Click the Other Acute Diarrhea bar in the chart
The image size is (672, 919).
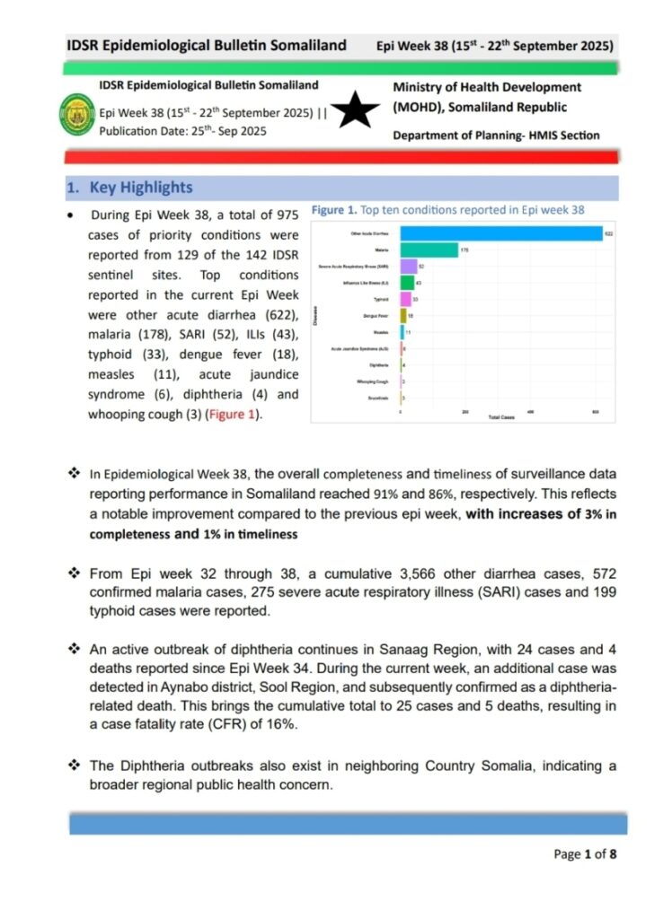click(x=500, y=234)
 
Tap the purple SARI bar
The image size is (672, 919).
click(x=409, y=267)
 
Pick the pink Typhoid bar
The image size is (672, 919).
click(x=405, y=299)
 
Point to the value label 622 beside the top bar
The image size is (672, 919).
click(x=608, y=234)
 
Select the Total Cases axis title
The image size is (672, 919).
click(x=500, y=418)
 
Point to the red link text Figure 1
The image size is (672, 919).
click(x=233, y=415)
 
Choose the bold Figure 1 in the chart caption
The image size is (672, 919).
click(x=333, y=210)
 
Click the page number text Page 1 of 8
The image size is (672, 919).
click(x=585, y=853)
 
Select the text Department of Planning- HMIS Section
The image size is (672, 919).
click(x=496, y=136)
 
